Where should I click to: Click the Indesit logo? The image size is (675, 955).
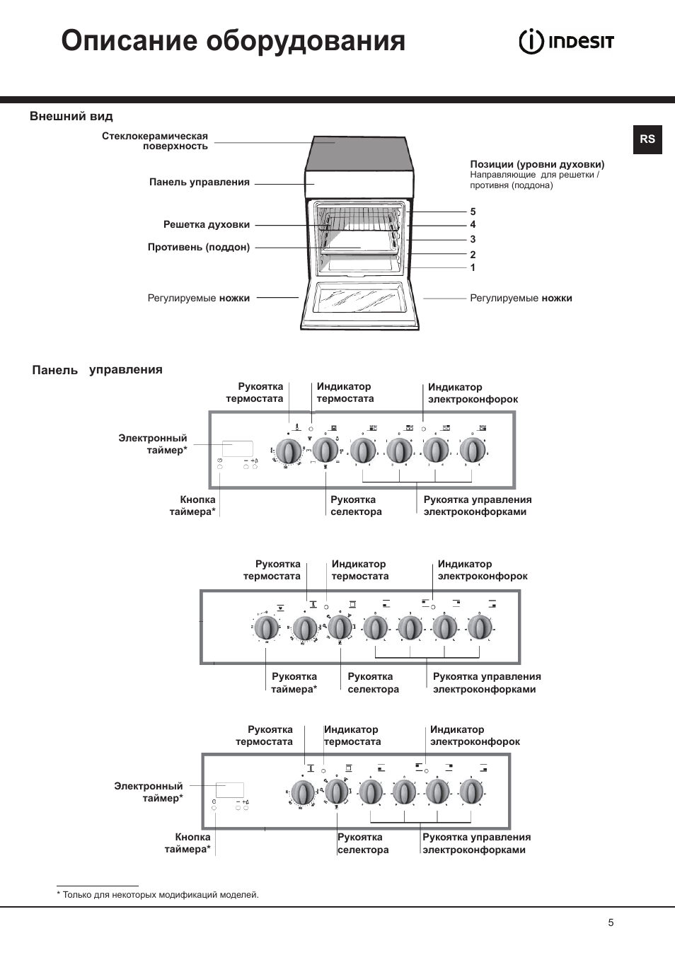[566, 42]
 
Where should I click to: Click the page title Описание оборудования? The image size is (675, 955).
[233, 41]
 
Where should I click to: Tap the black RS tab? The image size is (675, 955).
[647, 139]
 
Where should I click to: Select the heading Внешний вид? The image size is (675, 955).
[71, 117]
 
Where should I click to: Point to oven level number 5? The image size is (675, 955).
[473, 212]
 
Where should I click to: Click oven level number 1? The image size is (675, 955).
[473, 267]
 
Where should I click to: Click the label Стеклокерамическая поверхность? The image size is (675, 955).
[155, 141]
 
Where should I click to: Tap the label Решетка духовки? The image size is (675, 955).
[207, 225]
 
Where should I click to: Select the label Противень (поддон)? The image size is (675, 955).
[199, 248]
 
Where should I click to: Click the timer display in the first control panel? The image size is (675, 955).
[238, 448]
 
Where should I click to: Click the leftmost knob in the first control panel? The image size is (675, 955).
[288, 451]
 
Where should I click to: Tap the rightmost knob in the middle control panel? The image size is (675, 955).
[480, 627]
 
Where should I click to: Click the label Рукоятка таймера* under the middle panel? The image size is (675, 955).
[294, 683]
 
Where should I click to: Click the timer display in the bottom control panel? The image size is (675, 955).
[230, 790]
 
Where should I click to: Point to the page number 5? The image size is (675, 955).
[611, 922]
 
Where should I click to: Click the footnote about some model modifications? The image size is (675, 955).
[158, 895]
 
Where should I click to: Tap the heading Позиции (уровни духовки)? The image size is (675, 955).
[537, 165]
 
